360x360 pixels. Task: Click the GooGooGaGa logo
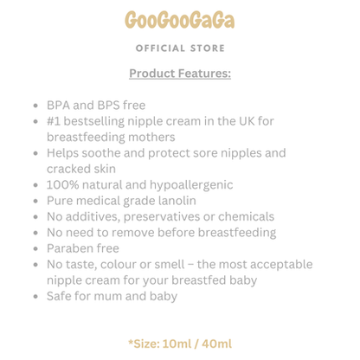click(179, 20)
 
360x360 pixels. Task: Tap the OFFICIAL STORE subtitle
click(179, 48)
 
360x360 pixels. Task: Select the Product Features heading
click(179, 74)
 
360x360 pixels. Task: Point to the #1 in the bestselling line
click(55, 122)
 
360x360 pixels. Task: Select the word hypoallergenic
click(187, 185)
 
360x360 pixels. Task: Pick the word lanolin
click(175, 201)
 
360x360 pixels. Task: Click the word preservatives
click(151, 216)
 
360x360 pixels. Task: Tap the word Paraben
click(70, 248)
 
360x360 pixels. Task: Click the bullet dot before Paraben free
click(35, 248)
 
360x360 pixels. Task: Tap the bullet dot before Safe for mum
click(35, 296)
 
